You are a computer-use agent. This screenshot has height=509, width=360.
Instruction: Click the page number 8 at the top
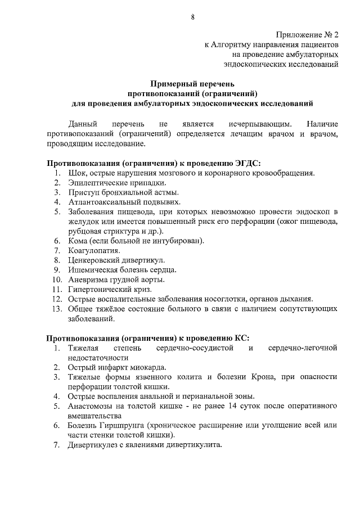click(x=193, y=17)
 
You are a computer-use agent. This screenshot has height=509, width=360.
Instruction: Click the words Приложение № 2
click(x=307, y=34)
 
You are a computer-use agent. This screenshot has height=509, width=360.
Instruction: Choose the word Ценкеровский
click(x=94, y=260)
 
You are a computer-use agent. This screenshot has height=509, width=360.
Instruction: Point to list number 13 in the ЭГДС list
click(x=55, y=309)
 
